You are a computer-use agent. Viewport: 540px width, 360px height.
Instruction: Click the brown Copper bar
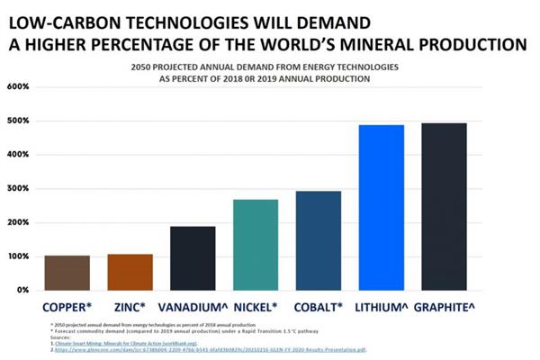tap(67, 273)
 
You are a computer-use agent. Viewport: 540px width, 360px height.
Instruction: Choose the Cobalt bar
tap(319, 240)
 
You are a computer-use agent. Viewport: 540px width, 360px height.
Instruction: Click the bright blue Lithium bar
tap(382, 207)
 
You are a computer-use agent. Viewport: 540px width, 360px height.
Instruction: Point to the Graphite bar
tap(445, 206)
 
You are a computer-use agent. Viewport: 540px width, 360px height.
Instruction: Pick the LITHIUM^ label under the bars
tap(381, 306)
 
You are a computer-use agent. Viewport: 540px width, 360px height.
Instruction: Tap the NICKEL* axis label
tap(256, 306)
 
